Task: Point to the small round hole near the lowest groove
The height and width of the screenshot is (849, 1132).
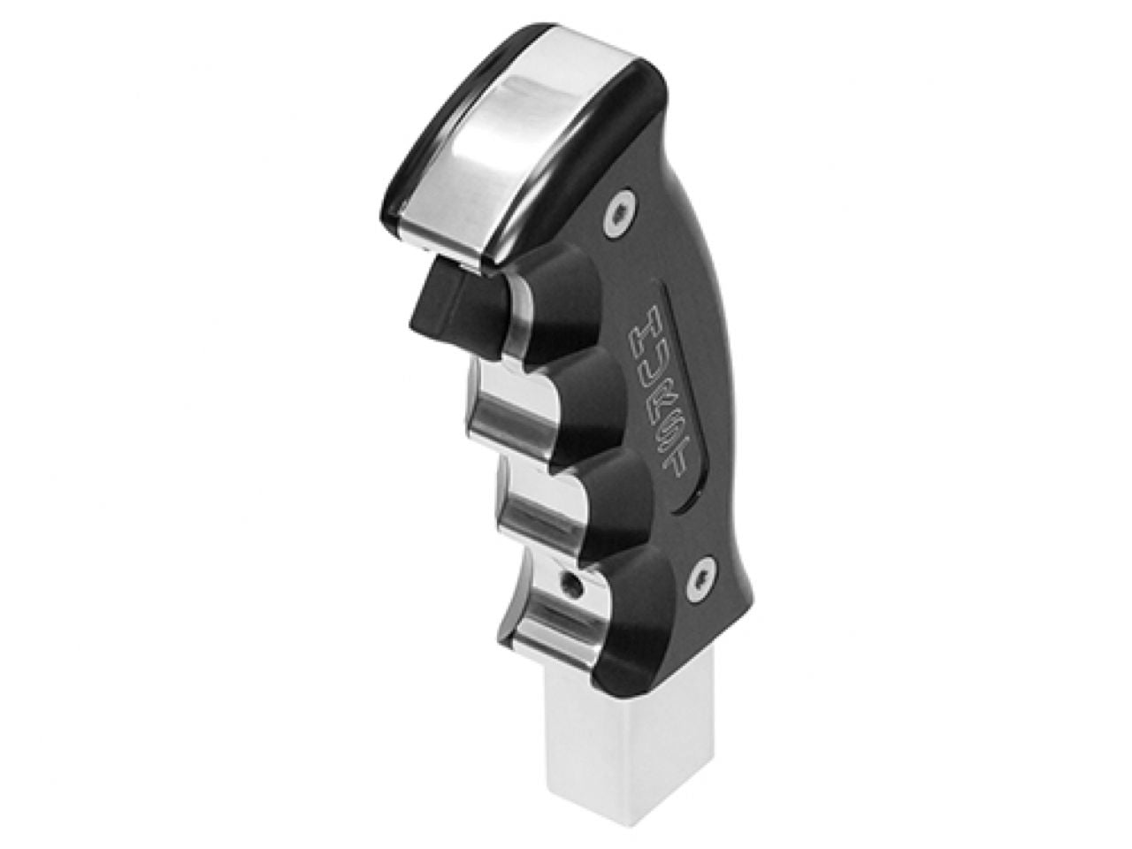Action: coord(576,585)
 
